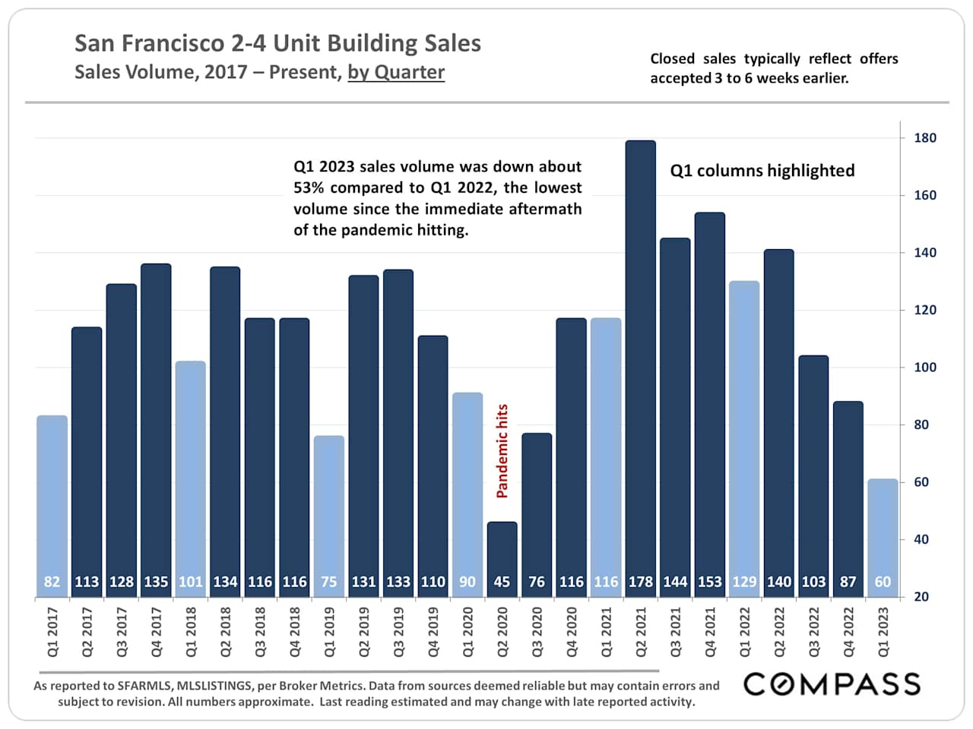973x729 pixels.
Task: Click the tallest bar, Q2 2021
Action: (640, 357)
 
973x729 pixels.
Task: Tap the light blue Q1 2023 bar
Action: (883, 532)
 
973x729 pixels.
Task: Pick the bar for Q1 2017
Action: (52, 501)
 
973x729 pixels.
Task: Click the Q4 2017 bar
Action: (156, 418)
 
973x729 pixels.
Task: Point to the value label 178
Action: (640, 582)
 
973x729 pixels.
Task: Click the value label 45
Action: (502, 582)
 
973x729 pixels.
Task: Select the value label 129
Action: (744, 582)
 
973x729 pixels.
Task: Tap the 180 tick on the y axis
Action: (925, 138)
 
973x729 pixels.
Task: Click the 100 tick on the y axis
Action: (925, 368)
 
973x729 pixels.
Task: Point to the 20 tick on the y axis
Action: (921, 597)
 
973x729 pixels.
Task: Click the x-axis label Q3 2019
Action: (399, 632)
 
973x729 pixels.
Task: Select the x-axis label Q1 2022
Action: (745, 632)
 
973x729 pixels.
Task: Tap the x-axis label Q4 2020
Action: (572, 632)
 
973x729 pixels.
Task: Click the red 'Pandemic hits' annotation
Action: (502, 451)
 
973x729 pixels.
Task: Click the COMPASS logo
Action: (832, 684)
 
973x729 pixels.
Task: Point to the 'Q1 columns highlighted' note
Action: (762, 171)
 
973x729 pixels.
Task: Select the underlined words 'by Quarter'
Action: (396, 72)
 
